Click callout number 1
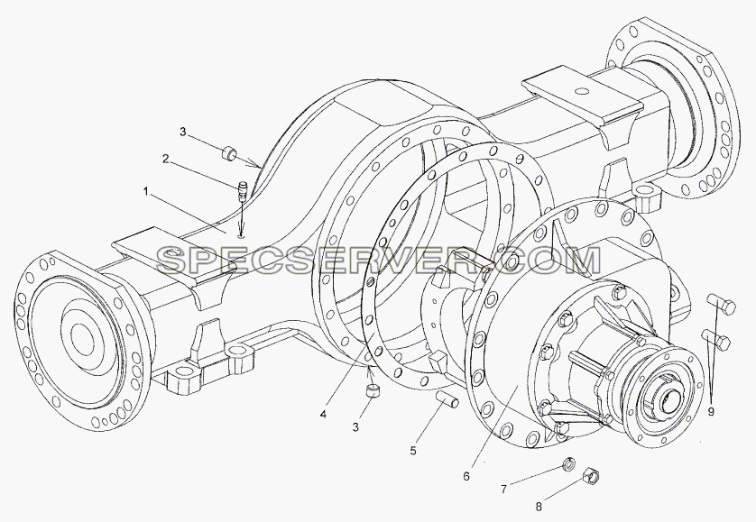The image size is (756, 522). coord(145,192)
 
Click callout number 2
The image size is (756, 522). coord(165,159)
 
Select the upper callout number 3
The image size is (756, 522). coord(183,132)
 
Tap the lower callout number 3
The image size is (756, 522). coord(355,427)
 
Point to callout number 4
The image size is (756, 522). coord(323,414)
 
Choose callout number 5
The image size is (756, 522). coord(413,451)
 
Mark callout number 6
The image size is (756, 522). coord(466,476)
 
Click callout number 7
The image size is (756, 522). coord(503,490)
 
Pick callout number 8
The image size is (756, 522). coord(539,507)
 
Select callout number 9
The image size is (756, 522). coord(711,412)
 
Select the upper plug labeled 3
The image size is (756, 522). coord(228,154)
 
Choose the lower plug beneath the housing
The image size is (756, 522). coord(373,390)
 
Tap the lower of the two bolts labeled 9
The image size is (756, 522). coord(716,339)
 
